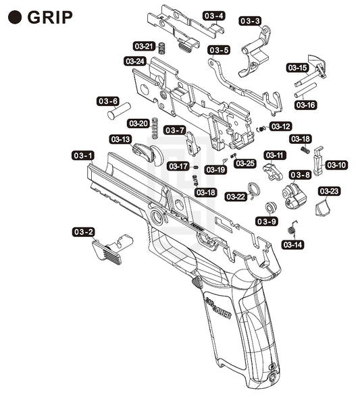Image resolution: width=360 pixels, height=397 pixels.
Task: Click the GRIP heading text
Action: click(50, 18)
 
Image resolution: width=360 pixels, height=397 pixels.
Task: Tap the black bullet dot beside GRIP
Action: click(15, 18)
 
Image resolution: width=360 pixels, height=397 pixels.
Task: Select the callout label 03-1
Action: click(83, 155)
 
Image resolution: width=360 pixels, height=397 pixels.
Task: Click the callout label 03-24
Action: click(135, 61)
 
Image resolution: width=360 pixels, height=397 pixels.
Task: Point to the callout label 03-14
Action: click(293, 244)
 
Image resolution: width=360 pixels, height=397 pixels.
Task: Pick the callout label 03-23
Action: click(329, 191)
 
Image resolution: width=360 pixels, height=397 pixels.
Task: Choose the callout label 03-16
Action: click(306, 105)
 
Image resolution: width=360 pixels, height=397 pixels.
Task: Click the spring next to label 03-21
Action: click(162, 48)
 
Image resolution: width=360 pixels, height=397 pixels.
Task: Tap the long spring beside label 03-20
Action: click(155, 128)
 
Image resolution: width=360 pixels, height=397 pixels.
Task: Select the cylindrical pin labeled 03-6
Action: click(119, 111)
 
